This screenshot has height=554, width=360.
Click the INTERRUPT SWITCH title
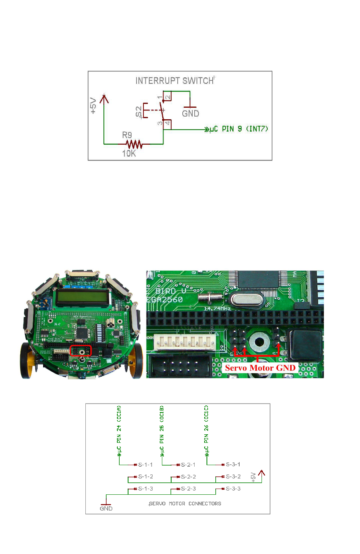pyautogui.click(x=175, y=80)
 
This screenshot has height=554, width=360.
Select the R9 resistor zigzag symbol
pyautogui.click(x=134, y=144)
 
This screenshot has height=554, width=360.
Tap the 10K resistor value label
pyautogui.click(x=129, y=154)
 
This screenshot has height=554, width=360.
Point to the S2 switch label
pyautogui.click(x=138, y=112)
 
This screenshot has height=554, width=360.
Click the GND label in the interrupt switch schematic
pyautogui.click(x=190, y=113)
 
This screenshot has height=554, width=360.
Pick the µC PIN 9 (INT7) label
pyautogui.click(x=238, y=129)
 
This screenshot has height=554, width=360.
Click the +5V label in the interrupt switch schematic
pyautogui.click(x=93, y=105)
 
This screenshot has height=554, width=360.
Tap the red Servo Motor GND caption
pyautogui.click(x=260, y=368)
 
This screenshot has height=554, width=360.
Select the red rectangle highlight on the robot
pyautogui.click(x=80, y=351)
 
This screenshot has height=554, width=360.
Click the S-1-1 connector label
pyautogui.click(x=145, y=465)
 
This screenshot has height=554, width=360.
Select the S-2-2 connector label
pyautogui.click(x=188, y=477)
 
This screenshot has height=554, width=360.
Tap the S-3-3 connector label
pyautogui.click(x=233, y=489)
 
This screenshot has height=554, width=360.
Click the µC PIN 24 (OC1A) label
pyautogui.click(x=119, y=429)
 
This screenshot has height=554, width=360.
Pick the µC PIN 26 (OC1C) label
pyautogui.click(x=207, y=429)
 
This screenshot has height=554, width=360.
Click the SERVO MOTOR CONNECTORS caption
pyautogui.click(x=185, y=504)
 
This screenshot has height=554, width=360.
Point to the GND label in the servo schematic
pyautogui.click(x=106, y=509)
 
